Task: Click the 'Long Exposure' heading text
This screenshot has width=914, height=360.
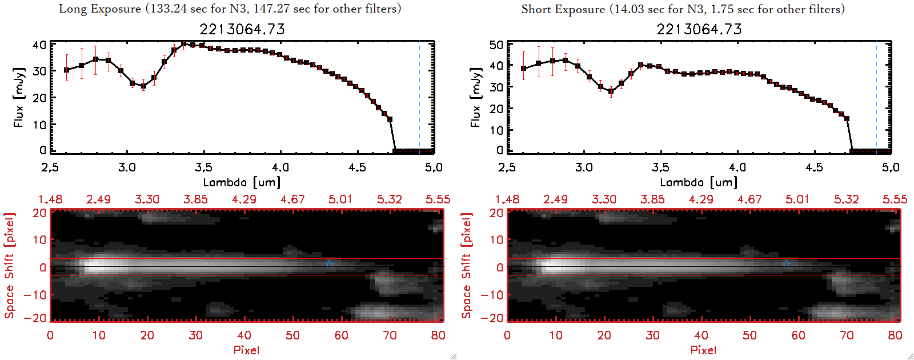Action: (x=99, y=9)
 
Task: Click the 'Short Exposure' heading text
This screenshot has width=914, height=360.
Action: (x=563, y=9)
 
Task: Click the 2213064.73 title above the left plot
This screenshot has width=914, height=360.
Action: (x=242, y=29)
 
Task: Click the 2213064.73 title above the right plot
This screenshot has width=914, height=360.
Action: (x=699, y=29)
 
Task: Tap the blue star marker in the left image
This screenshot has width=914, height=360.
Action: (x=329, y=264)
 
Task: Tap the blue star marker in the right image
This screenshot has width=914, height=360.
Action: (x=786, y=264)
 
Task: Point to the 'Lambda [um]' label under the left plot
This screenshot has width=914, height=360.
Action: (x=242, y=182)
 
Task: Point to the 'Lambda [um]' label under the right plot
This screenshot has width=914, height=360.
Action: (x=699, y=182)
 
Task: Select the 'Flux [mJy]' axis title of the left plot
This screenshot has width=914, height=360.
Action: (x=19, y=97)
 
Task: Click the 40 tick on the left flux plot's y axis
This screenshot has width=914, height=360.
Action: (x=39, y=45)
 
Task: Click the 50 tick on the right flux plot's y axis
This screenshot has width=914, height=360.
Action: (x=496, y=45)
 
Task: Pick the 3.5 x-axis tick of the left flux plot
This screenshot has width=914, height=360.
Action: (x=203, y=167)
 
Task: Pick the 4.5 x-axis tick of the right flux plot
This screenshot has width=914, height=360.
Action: (x=814, y=167)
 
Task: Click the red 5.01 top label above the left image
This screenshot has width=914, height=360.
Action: (x=340, y=199)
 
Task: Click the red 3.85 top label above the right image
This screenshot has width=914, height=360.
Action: (x=652, y=199)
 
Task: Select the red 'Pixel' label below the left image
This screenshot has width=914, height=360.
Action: (x=246, y=350)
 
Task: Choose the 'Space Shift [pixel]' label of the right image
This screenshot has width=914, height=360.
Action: (x=467, y=266)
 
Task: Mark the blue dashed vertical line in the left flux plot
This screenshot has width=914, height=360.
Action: (x=419, y=97)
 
